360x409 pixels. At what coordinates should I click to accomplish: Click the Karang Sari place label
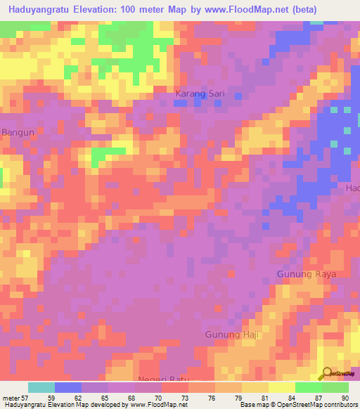click(x=200, y=93)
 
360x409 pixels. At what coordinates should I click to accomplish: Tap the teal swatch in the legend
click(x=41, y=387)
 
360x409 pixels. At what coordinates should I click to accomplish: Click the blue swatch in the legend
click(x=68, y=387)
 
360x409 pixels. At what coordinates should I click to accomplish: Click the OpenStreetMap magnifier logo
click(x=327, y=374)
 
